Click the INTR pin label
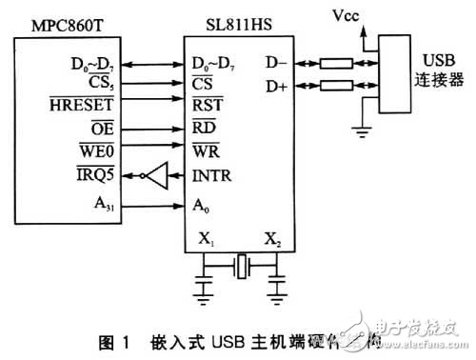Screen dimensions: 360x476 [x=210, y=175]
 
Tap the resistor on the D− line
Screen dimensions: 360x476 [x=341, y=64]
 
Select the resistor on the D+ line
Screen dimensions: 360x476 [x=341, y=87]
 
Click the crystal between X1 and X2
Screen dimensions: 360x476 [x=243, y=262]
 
